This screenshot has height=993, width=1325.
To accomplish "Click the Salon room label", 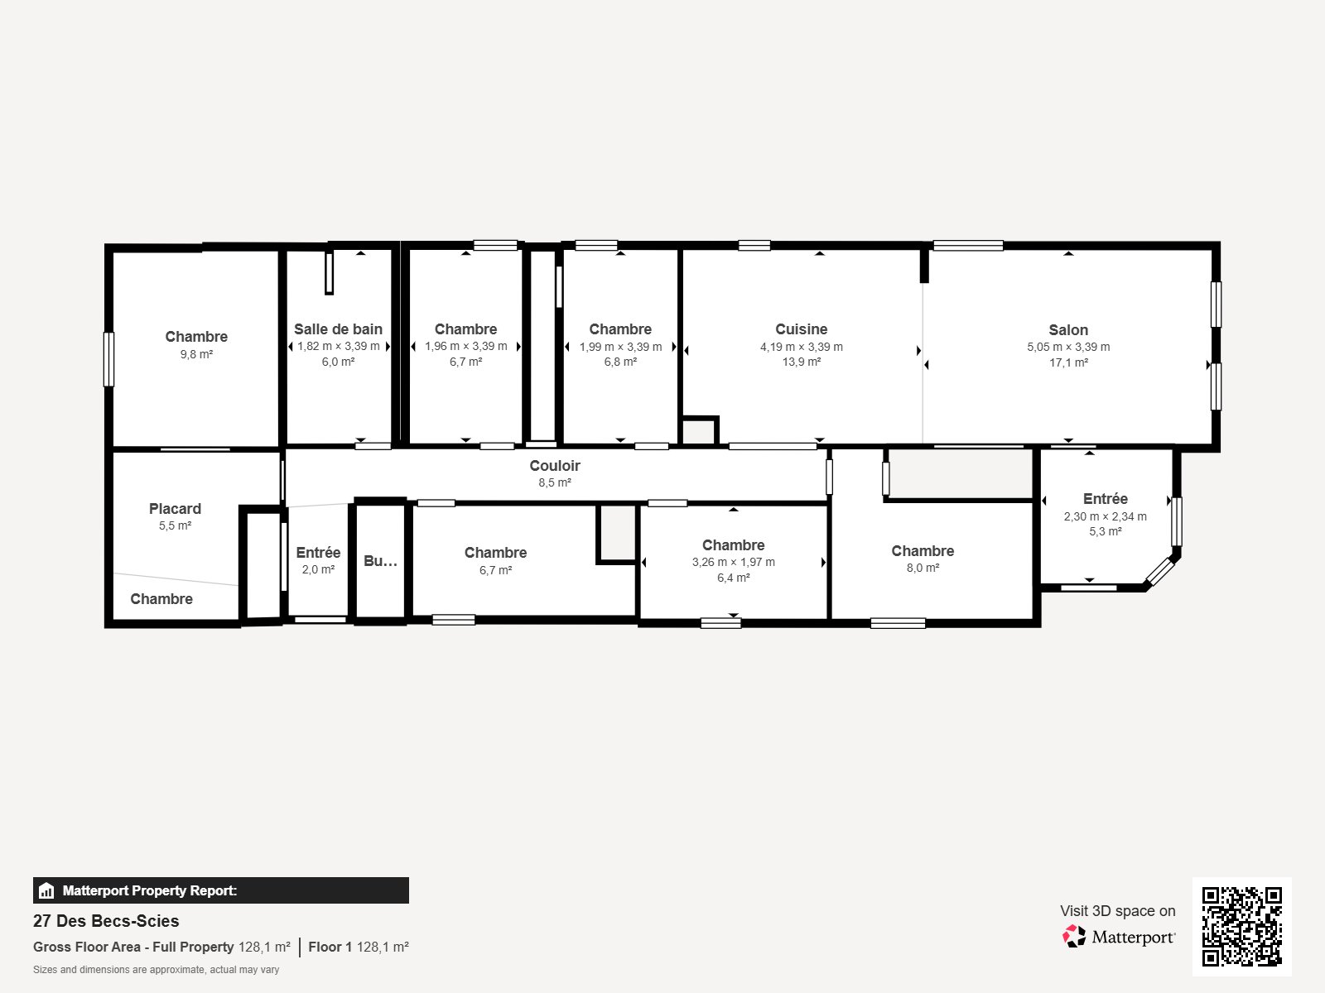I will [x=1068, y=330].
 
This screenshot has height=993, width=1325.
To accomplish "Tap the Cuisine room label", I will [x=801, y=329].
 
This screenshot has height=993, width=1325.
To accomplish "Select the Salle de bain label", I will [x=338, y=329].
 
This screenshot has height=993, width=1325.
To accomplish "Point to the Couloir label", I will [x=555, y=466].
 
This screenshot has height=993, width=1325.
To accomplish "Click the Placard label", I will [x=175, y=509].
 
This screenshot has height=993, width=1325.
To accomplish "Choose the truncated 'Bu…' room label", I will [x=380, y=561].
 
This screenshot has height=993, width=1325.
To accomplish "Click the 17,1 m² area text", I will [x=1068, y=362].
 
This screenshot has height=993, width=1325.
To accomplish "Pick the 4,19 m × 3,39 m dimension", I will [x=801, y=347].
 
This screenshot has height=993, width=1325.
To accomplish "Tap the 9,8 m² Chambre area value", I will [x=196, y=354].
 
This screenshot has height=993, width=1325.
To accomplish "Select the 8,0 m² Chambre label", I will [x=923, y=551].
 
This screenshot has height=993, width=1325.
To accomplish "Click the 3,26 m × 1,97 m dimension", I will [x=733, y=562].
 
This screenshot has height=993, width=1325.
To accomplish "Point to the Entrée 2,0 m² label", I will [x=318, y=553].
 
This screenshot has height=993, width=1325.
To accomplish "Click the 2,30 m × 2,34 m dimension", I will [x=1105, y=516].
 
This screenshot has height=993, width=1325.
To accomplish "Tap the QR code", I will [x=1241, y=926].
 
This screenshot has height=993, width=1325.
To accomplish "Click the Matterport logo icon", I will [x=1075, y=937].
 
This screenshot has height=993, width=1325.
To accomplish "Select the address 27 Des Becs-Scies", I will [x=106, y=921].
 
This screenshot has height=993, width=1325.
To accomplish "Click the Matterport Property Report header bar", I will [x=220, y=890].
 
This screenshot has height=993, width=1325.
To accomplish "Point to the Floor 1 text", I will [x=330, y=947].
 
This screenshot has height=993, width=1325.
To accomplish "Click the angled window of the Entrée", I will [x=1160, y=572].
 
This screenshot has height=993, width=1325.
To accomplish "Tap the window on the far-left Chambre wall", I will [x=108, y=359].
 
